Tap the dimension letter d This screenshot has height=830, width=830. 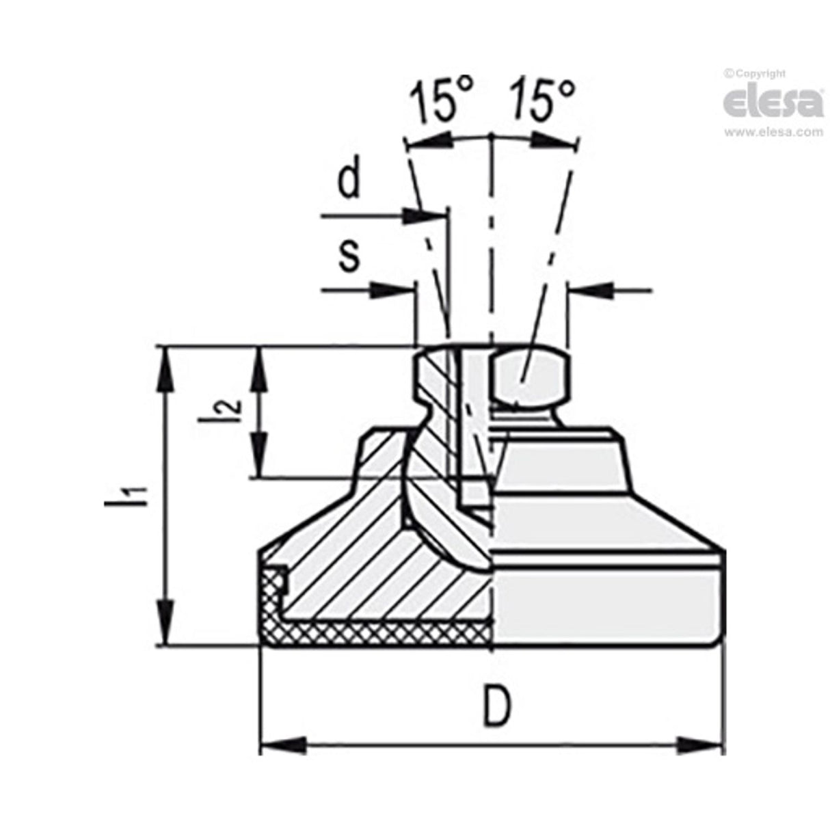coord(350,180)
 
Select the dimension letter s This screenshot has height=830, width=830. coord(349,256)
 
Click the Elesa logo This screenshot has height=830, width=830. coord(773,103)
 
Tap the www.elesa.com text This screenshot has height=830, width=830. coord(773,133)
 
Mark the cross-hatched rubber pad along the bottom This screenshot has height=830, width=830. coord(383,634)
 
